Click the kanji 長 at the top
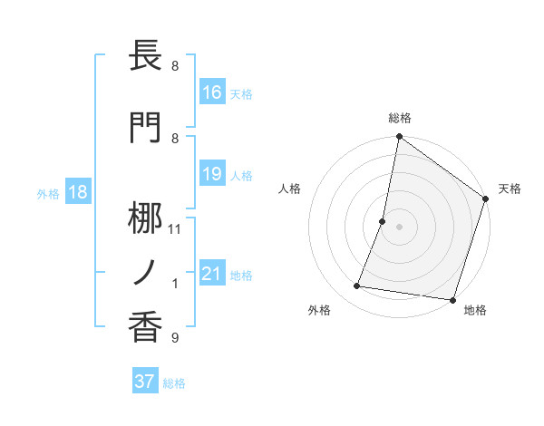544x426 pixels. click(146, 56)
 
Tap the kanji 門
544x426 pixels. click(146, 128)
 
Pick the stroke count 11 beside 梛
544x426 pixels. click(175, 228)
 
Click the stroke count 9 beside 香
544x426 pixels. click(174, 338)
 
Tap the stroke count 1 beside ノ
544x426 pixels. click(174, 284)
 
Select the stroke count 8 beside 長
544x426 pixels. click(174, 65)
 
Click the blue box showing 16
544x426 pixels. click(212, 92)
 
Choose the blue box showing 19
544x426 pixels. click(212, 174)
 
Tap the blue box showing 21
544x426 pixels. click(212, 274)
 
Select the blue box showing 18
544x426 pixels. click(77, 192)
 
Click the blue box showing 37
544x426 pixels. click(144, 382)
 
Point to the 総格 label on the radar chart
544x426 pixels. click(400, 118)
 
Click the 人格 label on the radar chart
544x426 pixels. click(290, 189)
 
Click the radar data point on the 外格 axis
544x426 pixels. click(357, 286)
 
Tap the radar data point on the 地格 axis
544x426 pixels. click(452, 299)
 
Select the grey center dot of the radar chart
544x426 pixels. click(400, 227)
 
